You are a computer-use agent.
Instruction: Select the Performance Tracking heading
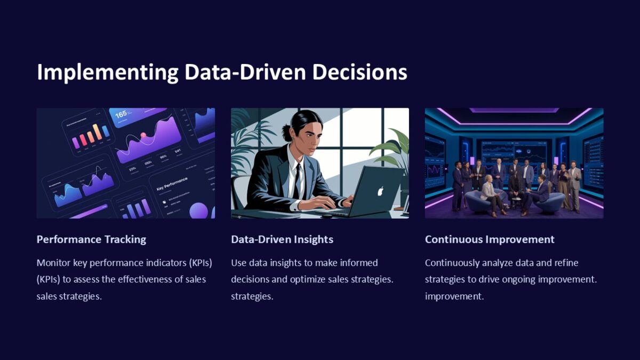(91, 239)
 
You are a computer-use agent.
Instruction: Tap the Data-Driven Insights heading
(282, 239)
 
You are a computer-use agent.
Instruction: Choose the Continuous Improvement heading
(490, 239)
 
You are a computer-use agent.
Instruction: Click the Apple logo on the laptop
(381, 191)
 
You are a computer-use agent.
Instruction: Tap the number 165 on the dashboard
(121, 114)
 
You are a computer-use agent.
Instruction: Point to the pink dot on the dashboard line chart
(143, 135)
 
